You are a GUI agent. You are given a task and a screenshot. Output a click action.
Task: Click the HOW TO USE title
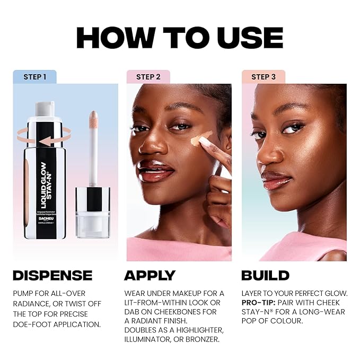pyautogui.click(x=180, y=38)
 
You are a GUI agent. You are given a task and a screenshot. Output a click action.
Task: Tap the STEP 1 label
pyautogui.click(x=35, y=77)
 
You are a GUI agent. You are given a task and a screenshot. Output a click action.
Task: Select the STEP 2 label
pyautogui.click(x=148, y=77)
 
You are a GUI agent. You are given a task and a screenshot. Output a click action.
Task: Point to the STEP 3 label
pyautogui.click(x=263, y=77)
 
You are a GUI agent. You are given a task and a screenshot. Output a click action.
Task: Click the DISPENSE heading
pyautogui.click(x=52, y=275)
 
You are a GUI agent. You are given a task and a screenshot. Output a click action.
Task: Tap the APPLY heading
pyautogui.click(x=150, y=275)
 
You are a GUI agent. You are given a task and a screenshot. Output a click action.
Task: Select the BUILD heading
pyautogui.click(x=265, y=275)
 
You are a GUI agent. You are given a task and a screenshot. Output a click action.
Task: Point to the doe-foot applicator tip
pyautogui.click(x=93, y=120)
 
